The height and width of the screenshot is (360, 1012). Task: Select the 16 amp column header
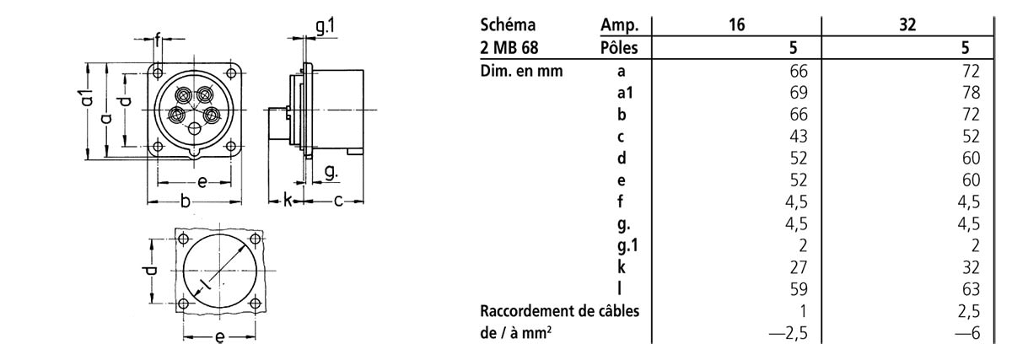click(x=737, y=25)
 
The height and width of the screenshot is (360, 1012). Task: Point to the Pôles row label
click(x=618, y=47)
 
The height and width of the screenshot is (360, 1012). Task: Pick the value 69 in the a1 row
click(x=799, y=92)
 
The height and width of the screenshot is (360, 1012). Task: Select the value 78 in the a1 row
click(x=971, y=92)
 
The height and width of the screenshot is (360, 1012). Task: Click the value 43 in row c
click(x=799, y=136)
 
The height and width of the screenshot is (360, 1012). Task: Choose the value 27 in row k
click(x=799, y=267)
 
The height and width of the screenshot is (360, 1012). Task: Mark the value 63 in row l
click(x=971, y=289)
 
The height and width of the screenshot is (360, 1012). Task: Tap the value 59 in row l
click(x=799, y=289)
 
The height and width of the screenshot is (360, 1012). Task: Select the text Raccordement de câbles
click(x=558, y=311)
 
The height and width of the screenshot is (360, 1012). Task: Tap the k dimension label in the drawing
click(x=288, y=201)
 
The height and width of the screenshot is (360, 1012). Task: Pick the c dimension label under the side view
click(x=336, y=201)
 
